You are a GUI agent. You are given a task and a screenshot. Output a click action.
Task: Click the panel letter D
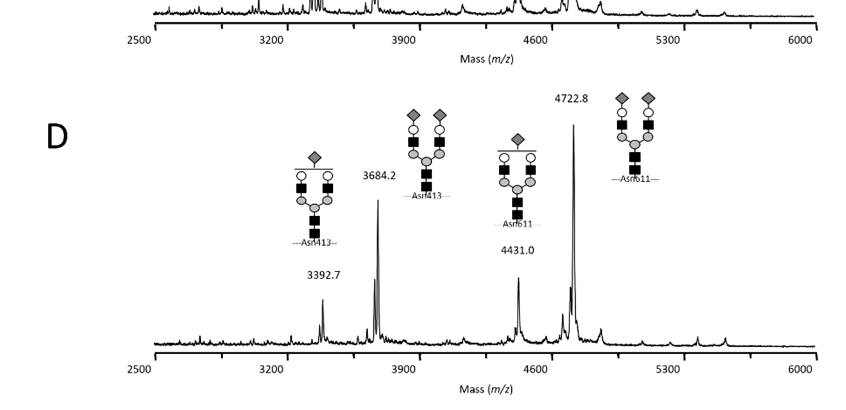click(x=57, y=137)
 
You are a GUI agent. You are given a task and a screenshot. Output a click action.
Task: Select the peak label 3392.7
click(x=323, y=275)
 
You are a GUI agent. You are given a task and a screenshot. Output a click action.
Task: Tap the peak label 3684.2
click(x=379, y=175)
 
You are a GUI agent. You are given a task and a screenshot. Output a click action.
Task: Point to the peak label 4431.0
click(x=517, y=250)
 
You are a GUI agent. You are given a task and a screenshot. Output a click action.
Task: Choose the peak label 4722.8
click(x=571, y=98)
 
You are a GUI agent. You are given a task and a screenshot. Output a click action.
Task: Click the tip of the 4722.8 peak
click(x=573, y=126)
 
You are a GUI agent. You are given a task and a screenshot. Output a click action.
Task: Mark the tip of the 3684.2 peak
click(x=378, y=201)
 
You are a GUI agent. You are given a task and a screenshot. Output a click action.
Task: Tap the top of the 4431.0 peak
click(x=518, y=278)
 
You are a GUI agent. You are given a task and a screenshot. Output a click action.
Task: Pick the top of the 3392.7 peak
click(x=323, y=300)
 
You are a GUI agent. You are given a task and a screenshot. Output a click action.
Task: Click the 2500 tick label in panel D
click(x=139, y=369)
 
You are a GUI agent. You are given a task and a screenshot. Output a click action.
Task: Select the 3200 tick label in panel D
click(x=271, y=369)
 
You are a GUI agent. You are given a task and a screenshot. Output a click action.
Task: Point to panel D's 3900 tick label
click(x=403, y=369)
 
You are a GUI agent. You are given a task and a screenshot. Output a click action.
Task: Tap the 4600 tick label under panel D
click(x=536, y=369)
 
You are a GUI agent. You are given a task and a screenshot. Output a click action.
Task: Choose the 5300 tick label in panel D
click(x=668, y=369)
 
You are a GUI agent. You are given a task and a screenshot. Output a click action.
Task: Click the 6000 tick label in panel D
click(x=800, y=369)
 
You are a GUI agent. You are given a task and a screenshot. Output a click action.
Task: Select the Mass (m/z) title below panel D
click(x=486, y=389)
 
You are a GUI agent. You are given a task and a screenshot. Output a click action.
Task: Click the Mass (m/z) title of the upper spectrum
click(x=486, y=59)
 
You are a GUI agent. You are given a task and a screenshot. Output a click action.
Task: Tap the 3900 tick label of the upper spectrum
click(x=403, y=40)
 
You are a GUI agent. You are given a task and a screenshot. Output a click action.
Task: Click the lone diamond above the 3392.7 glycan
click(x=314, y=158)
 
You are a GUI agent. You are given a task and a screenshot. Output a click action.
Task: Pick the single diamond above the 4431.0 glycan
click(x=518, y=140)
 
